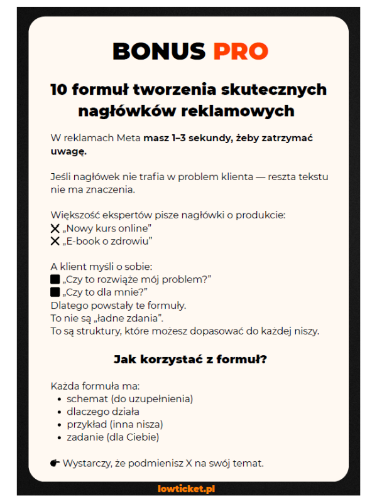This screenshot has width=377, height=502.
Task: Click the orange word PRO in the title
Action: [241, 51]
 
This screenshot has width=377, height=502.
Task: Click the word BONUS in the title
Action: [159, 51]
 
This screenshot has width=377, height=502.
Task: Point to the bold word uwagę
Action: [68, 151]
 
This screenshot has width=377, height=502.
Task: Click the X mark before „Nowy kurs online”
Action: [55, 228]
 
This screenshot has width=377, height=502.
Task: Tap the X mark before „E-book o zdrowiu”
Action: [55, 241]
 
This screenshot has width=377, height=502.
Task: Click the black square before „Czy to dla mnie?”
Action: [55, 292]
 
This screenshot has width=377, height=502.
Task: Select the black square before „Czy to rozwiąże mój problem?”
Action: [55, 279]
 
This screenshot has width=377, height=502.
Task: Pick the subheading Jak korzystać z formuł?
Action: [190, 360]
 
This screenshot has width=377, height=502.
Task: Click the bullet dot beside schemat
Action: [59, 399]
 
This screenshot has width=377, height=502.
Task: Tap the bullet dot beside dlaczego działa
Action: [59, 412]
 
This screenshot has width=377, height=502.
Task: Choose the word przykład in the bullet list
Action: [87, 424]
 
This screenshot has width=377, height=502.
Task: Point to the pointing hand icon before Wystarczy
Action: [55, 463]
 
